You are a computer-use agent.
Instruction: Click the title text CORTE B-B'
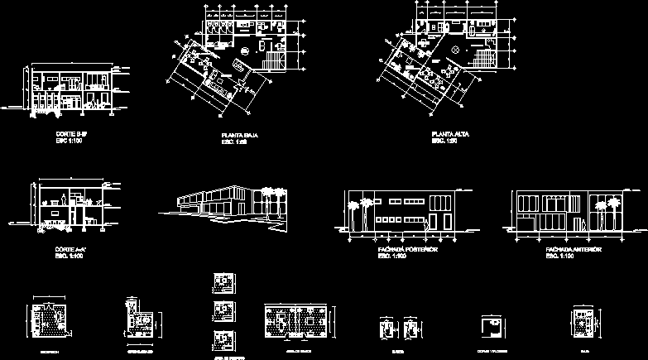(x=67, y=133)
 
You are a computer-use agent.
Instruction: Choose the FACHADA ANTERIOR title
(x=573, y=248)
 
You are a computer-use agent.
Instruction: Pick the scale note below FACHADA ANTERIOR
(x=560, y=256)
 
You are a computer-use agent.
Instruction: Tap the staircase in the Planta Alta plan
(x=482, y=56)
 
